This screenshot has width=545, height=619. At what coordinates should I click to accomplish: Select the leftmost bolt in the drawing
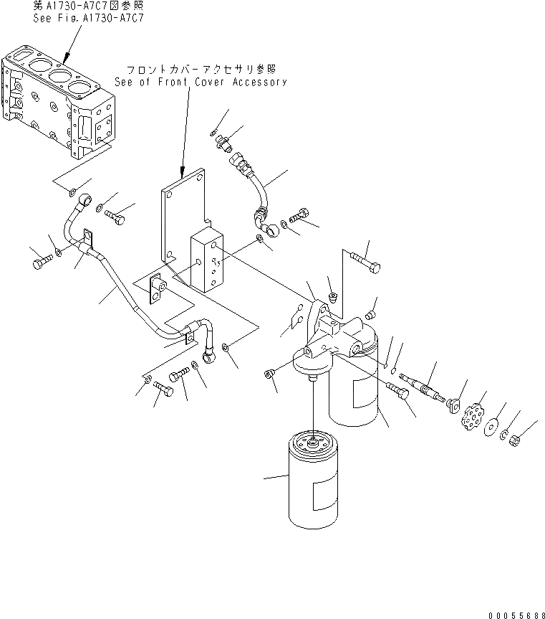tap(39, 263)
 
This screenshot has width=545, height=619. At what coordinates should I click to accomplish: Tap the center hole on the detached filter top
tap(312, 439)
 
